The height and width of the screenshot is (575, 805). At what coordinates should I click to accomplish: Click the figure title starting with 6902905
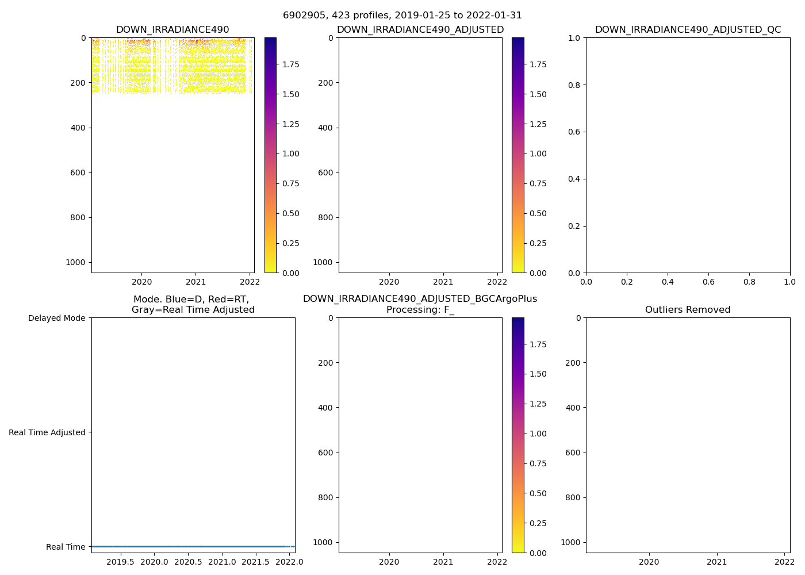[x=402, y=16]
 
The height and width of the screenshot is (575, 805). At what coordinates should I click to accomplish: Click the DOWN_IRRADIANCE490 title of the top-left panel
[x=172, y=30]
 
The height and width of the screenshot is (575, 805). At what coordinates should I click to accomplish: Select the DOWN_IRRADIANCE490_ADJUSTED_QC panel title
[x=688, y=30]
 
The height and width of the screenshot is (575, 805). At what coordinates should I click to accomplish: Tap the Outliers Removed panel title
[x=688, y=310]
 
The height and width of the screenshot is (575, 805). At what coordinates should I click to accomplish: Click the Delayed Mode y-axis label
[x=56, y=318]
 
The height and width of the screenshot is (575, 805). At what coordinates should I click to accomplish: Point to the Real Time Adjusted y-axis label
[x=47, y=432]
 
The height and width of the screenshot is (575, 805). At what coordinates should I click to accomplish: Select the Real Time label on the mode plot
[x=66, y=547]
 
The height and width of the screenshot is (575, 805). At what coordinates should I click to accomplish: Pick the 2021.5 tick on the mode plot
[x=255, y=562]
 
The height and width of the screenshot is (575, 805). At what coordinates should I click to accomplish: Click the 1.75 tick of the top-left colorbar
[x=290, y=64]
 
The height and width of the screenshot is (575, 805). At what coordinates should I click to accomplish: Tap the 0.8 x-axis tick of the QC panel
[x=749, y=282]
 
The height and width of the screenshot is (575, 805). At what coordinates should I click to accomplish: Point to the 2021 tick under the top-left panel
[x=195, y=282]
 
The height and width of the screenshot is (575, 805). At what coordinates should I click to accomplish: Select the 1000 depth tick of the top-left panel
[x=75, y=262]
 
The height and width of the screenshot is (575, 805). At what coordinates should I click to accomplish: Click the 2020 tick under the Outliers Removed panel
[x=649, y=562]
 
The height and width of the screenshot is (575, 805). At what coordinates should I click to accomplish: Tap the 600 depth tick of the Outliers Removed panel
[x=573, y=453]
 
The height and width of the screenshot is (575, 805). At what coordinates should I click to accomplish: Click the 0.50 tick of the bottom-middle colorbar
[x=538, y=493]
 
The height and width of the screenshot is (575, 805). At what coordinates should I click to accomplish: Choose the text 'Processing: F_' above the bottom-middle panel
[x=420, y=310]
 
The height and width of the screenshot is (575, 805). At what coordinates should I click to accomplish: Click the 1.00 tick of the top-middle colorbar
[x=538, y=154]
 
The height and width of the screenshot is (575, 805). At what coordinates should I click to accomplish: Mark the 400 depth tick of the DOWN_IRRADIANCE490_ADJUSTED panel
[x=326, y=128]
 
